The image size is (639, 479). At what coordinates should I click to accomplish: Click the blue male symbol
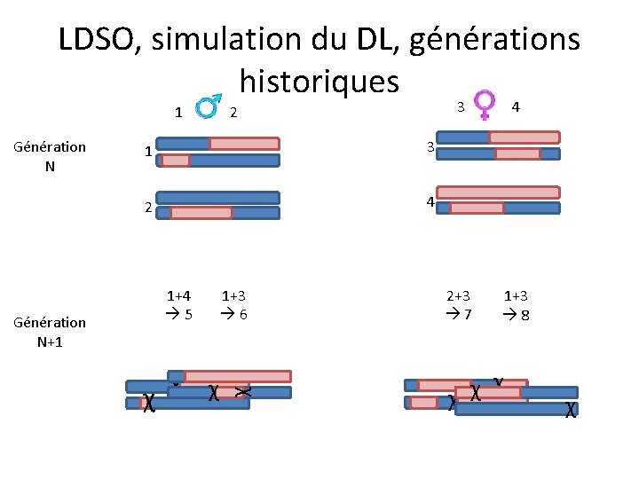[x=208, y=107]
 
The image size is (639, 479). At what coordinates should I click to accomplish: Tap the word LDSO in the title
[x=96, y=39]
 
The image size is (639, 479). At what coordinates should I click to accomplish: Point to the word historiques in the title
[x=319, y=81]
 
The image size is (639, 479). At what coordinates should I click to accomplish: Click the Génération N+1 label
[x=50, y=331]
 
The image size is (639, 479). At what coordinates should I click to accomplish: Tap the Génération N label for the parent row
[x=50, y=155]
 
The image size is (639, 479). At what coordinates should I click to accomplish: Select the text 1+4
[x=180, y=295]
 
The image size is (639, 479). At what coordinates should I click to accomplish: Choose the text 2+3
[x=458, y=295]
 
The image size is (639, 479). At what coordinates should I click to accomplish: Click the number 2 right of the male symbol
[x=233, y=113]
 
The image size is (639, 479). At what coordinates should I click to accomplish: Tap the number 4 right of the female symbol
[x=516, y=106]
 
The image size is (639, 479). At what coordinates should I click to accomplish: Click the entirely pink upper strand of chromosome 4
[x=500, y=192]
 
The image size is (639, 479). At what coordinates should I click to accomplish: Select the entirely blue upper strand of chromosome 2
[x=217, y=198]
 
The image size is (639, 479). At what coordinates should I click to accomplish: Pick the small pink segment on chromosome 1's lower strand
[x=176, y=161]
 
